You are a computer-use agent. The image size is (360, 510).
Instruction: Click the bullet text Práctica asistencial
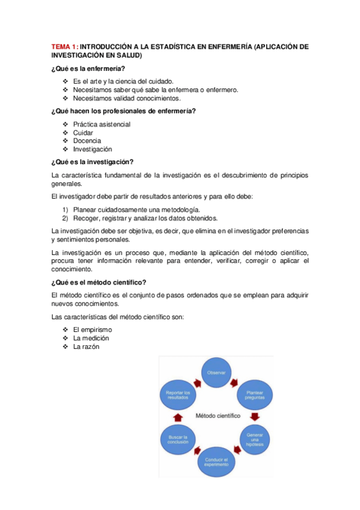click(102, 124)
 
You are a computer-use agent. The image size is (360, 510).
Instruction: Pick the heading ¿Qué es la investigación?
click(93, 161)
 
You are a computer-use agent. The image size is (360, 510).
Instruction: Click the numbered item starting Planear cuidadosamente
click(136, 209)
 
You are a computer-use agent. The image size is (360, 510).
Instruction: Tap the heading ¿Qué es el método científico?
click(99, 283)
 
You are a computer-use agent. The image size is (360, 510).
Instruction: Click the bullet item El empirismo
click(93, 330)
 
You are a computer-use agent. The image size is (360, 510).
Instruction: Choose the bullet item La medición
click(91, 338)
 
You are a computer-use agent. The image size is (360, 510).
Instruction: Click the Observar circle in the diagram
click(216, 373)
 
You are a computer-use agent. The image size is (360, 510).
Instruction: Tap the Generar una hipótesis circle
click(254, 437)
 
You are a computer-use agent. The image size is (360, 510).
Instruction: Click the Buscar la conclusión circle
click(178, 440)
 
